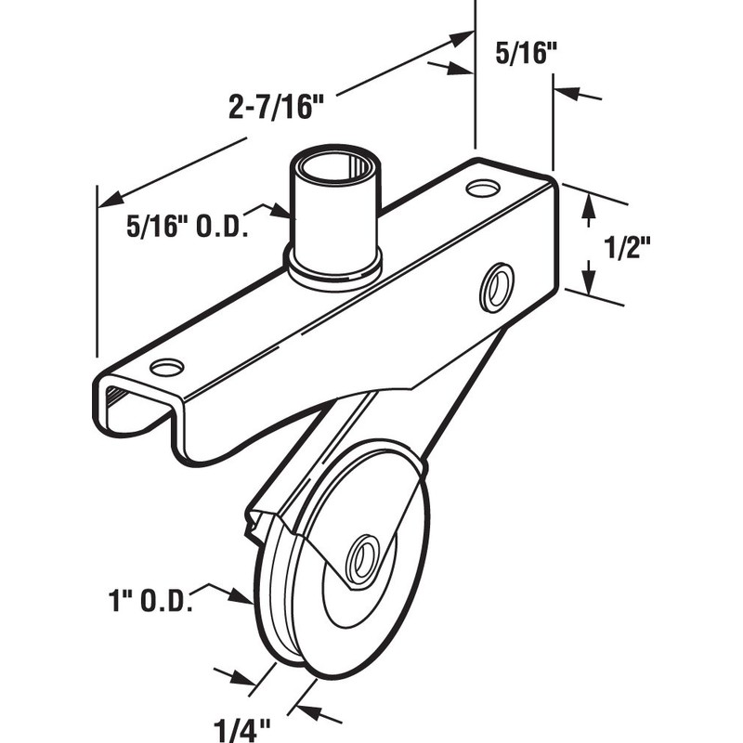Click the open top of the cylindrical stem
point(334,170)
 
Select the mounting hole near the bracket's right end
point(482,189)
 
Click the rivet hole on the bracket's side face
point(495,286)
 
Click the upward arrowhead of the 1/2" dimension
point(587,211)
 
